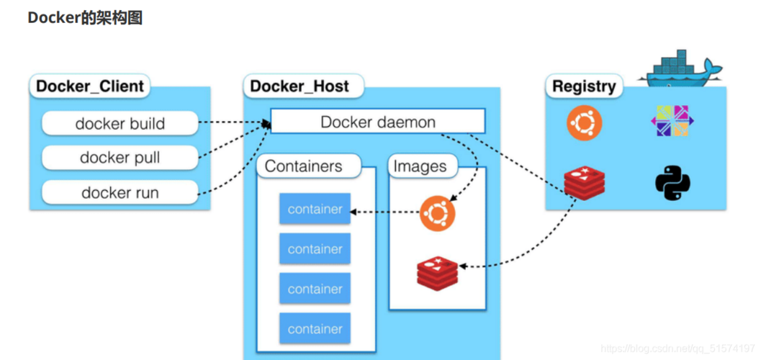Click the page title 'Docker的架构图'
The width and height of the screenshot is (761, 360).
point(85,18)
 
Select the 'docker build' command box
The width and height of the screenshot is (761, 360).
point(120,123)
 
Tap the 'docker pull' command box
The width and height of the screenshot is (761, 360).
point(120,158)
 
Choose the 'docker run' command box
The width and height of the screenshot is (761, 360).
point(120,192)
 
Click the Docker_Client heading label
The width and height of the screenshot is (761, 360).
point(90,86)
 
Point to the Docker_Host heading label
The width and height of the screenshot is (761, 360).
point(300,86)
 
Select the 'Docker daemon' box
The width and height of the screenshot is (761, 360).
point(377,122)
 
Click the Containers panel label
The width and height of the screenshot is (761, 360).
point(303,166)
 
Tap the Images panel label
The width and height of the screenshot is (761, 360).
point(420,166)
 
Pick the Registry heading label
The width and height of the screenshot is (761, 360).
point(583,86)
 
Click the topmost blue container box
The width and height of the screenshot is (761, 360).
point(315,210)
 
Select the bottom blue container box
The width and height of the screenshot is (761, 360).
point(315,329)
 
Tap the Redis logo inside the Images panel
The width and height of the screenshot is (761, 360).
point(437,272)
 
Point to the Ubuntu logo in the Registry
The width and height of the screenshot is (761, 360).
point(584,122)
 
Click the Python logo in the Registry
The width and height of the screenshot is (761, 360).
point(672,183)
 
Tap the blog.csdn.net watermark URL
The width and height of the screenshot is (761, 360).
point(677,348)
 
